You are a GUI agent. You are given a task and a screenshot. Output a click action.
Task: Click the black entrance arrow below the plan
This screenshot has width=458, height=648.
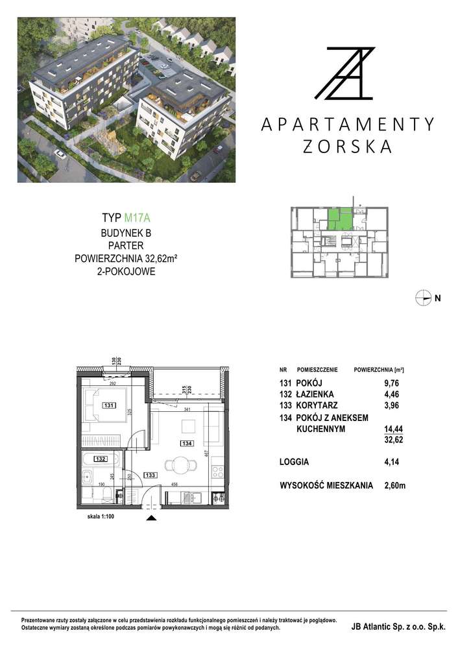pyautogui.click(x=151, y=518)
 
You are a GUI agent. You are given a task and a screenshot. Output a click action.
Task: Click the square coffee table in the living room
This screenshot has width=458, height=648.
pyautogui.click(x=187, y=426)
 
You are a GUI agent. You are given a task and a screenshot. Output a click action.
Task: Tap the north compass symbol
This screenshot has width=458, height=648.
pyautogui.click(x=424, y=298)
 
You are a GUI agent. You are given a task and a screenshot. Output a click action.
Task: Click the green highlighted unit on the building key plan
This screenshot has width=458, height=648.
pyautogui.click(x=339, y=219)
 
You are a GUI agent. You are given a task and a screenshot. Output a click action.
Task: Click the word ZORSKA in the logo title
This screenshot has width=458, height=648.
pyautogui.click(x=348, y=147)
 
